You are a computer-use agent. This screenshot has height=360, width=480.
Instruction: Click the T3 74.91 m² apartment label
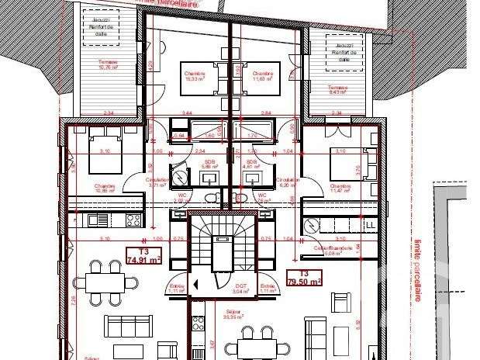pyautogui.click(x=143, y=256)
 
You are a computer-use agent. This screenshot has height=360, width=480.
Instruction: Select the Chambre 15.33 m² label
pyautogui.click(x=194, y=73)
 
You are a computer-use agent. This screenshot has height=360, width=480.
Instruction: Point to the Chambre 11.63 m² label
pyautogui.click(x=264, y=73)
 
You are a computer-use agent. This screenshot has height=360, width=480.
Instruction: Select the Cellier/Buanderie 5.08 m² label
pyautogui.click(x=333, y=250)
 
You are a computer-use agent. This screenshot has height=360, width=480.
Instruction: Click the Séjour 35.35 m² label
pyautogui.click(x=232, y=316)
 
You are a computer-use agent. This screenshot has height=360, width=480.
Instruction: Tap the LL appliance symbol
pyautogui.click(x=370, y=225)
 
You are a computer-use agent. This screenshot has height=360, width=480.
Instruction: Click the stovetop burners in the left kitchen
pyautogui.click(x=131, y=220)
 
